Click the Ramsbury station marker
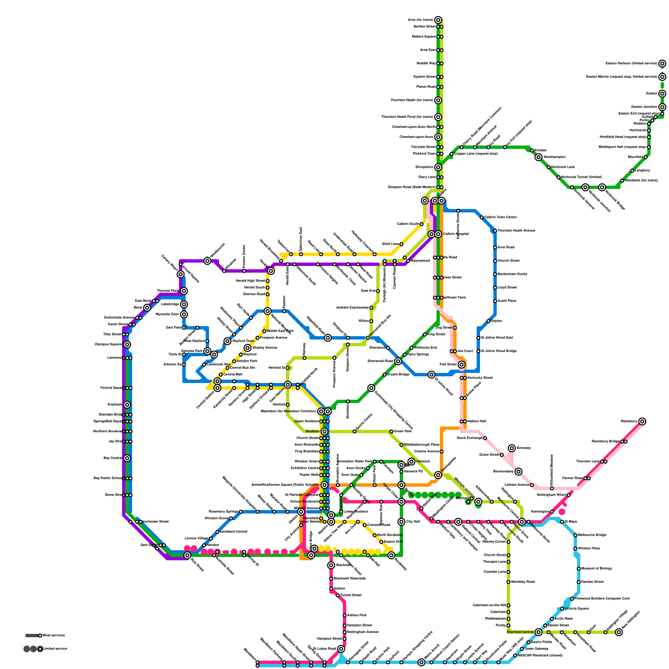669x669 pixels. click(642, 421)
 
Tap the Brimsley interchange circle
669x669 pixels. click(512, 448)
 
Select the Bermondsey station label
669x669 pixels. click(503, 472)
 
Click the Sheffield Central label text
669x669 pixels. click(520, 632)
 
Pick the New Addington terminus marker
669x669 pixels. click(619, 632)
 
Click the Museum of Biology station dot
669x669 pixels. click(579, 569)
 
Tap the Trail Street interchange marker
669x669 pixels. click(461, 365)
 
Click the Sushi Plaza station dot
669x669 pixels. click(495, 301)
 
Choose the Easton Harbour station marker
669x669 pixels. click(662, 64)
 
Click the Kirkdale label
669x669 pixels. click(541, 151)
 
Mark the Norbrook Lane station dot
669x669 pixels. click(549, 167)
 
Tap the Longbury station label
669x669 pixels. click(643, 171)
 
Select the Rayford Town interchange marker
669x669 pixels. click(227, 341)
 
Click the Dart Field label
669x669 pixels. click(174, 328)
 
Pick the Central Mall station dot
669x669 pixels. click(221, 375)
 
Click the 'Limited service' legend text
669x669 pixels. click(55, 649)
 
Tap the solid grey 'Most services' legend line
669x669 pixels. click(32, 636)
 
